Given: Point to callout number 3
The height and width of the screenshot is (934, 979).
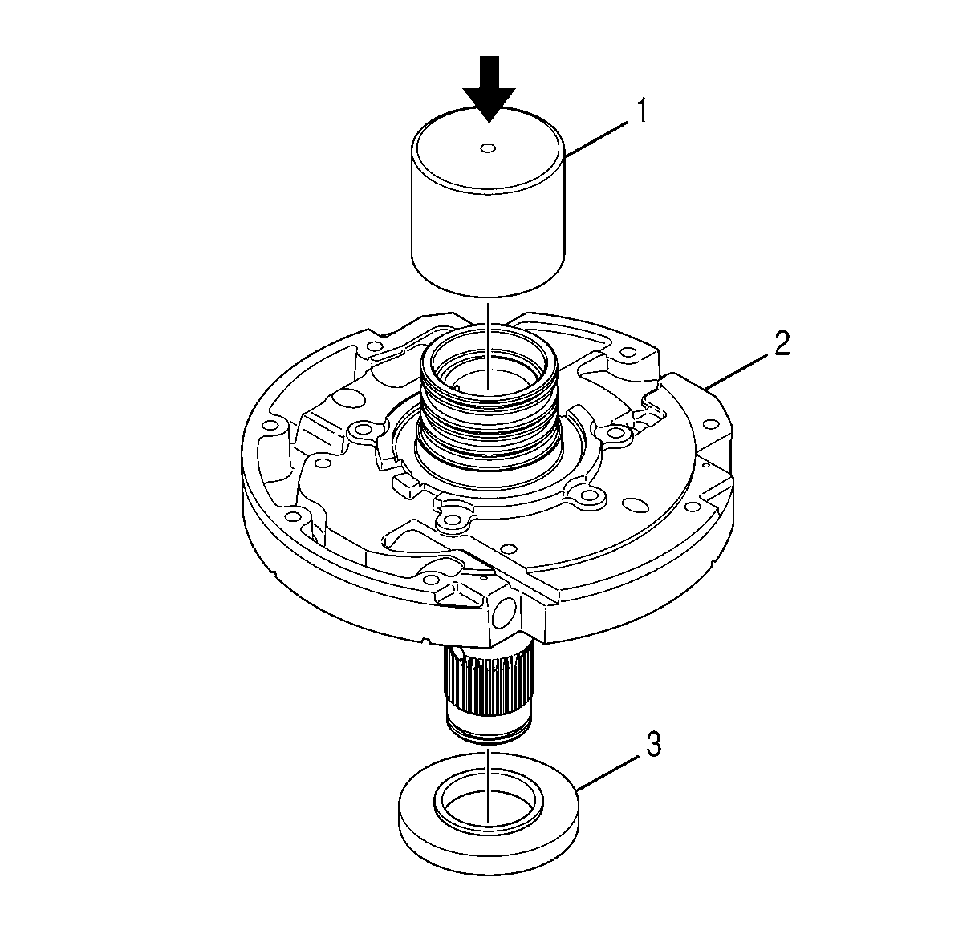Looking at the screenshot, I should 652,745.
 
